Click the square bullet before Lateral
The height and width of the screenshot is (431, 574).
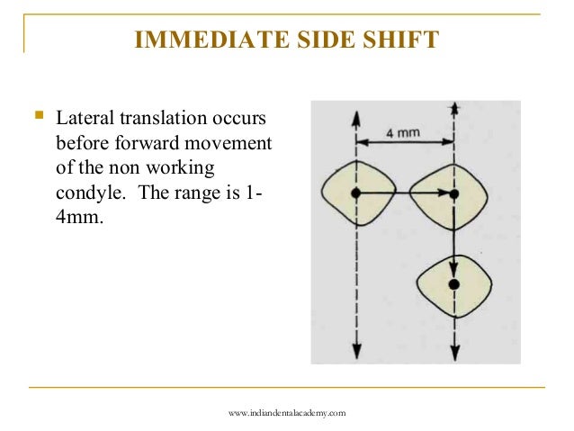[37, 117]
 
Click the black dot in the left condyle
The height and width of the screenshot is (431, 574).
[357, 193]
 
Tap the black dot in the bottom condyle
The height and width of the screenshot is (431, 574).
[454, 284]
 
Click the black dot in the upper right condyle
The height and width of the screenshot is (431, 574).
[454, 193]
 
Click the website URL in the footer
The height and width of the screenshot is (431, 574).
[287, 412]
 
